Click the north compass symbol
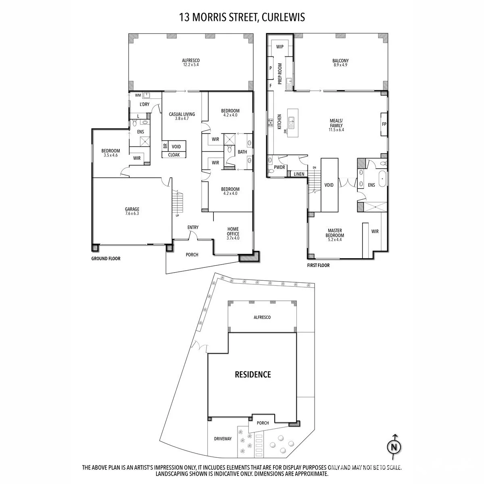coord(394,447)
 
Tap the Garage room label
coord(132,209)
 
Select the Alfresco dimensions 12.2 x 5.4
coord(191,65)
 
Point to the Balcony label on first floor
coord(340,60)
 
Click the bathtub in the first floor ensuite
coord(382,179)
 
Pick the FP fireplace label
coord(384,124)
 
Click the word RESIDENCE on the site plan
coord(253,374)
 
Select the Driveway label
coord(223,439)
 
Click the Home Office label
coord(233,232)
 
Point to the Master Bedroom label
coord(335,233)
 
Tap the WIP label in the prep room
coord(280,47)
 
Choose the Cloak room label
coord(174,155)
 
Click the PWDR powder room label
coord(279,167)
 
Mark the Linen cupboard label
coord(299,174)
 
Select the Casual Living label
coord(182,114)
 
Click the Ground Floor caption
coord(106,259)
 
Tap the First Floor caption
coord(318,265)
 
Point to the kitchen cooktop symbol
coord(271,123)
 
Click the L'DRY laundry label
coord(144,104)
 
